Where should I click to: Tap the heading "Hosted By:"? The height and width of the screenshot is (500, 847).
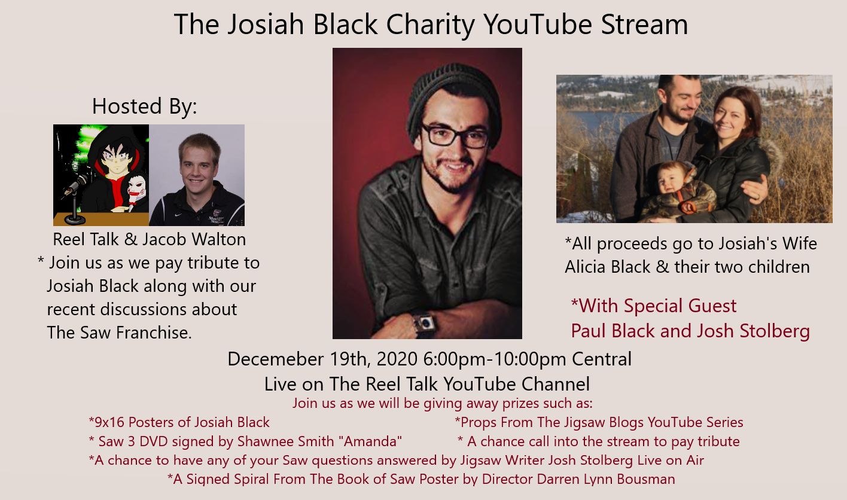(x=144, y=106)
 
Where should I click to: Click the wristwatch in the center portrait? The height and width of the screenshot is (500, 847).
(x=425, y=324)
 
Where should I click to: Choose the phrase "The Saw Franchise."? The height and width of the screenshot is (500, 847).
(x=120, y=333)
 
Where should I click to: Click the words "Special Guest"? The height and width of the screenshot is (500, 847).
(x=680, y=306)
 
